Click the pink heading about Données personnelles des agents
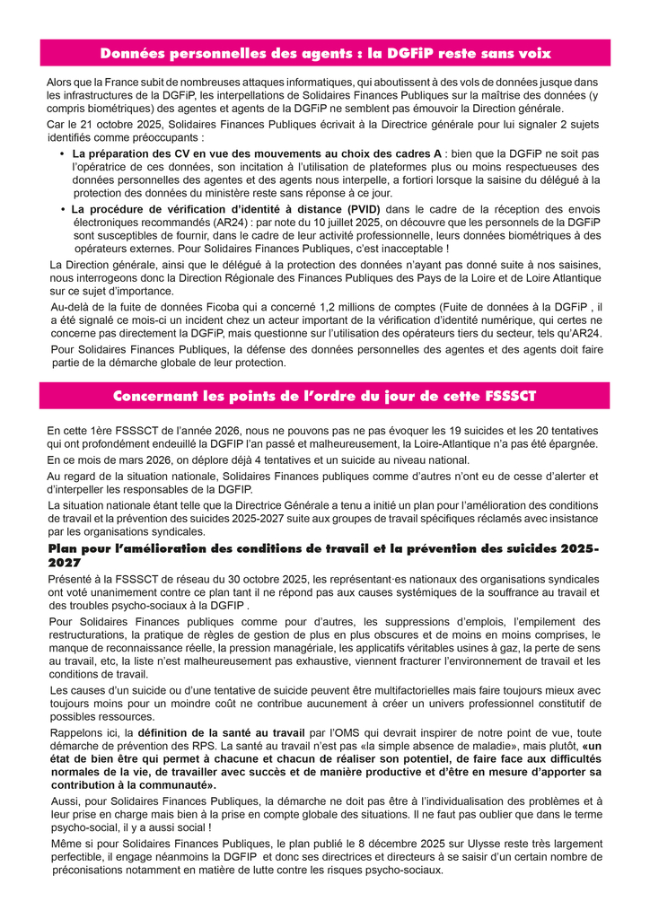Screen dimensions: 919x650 325,53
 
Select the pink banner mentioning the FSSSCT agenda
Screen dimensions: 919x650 325,396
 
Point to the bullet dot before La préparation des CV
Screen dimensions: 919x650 62,153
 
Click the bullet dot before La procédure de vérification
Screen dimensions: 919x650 62,209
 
